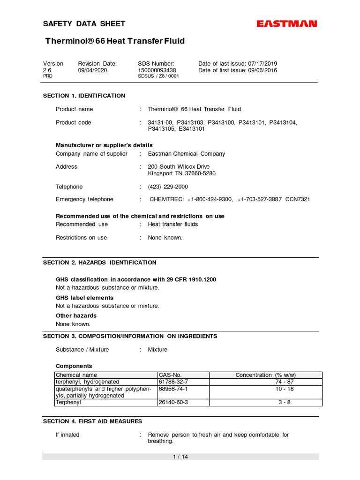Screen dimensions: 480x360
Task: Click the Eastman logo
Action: (287, 24)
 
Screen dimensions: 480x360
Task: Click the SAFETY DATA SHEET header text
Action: (84, 24)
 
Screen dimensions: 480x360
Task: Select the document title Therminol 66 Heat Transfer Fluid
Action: (115, 41)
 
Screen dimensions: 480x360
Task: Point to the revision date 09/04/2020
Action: (92, 70)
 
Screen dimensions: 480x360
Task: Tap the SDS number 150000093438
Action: (157, 70)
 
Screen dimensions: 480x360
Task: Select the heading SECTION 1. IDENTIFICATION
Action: (84, 96)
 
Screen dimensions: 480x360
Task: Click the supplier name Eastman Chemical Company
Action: (186, 154)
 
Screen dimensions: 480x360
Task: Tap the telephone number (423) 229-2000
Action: (168, 187)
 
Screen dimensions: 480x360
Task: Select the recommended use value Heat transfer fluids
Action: (172, 224)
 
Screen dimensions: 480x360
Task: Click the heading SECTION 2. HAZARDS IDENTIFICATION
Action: (99, 262)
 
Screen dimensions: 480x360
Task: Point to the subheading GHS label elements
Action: (84, 298)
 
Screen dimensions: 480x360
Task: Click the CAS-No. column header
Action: (170, 375)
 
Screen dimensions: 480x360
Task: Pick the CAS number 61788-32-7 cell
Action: (173, 382)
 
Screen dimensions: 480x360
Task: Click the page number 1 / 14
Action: (180, 457)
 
